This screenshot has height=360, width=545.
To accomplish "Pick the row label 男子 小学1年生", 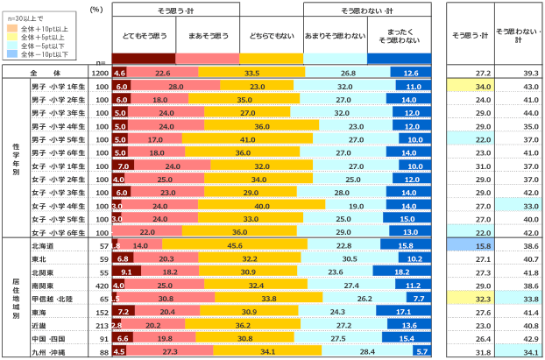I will click(x=57, y=87).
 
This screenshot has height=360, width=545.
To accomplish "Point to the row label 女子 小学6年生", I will click(x=57, y=231).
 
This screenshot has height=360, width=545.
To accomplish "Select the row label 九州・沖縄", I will click(x=49, y=352).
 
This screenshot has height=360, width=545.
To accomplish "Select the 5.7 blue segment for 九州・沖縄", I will click(x=422, y=352).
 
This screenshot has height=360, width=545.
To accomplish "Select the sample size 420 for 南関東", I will click(x=99, y=286).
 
